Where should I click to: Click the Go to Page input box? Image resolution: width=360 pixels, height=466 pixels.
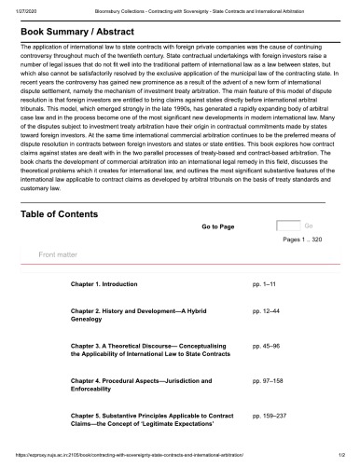(288, 226)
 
